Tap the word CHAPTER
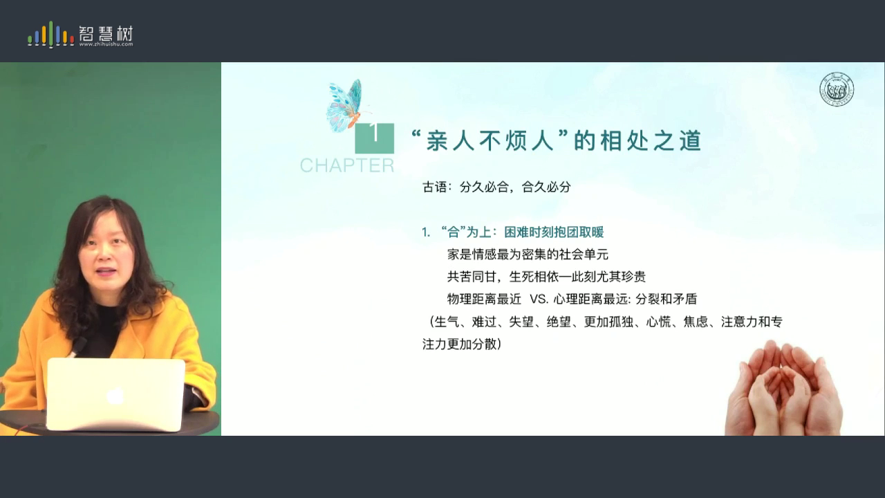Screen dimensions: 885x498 tap(347, 165)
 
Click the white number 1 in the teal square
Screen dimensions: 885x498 tap(374, 132)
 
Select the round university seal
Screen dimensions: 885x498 tap(837, 89)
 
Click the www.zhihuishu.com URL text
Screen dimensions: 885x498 tap(106, 44)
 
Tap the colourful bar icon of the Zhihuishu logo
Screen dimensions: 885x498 tap(50, 35)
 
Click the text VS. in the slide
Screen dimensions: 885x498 tap(539, 299)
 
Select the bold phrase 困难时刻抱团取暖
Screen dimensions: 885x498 tap(554, 232)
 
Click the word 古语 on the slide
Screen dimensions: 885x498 tap(435, 187)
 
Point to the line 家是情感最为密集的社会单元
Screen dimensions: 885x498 tap(528, 254)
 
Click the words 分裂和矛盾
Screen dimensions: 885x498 tap(666, 299)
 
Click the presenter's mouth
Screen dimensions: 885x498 tap(106, 273)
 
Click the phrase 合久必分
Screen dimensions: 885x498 tap(546, 187)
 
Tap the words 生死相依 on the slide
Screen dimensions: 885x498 tap(534, 277)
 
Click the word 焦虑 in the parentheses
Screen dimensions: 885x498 tap(696, 322)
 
